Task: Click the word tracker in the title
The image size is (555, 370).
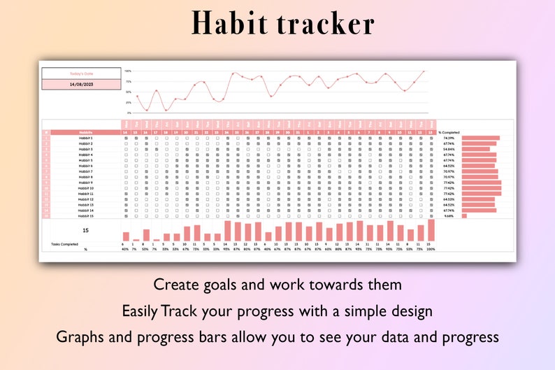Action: pos(321,24)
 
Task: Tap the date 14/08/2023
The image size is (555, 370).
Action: pos(81,84)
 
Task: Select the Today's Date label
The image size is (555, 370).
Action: pos(81,73)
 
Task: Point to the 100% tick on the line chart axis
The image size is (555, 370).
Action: pos(128,71)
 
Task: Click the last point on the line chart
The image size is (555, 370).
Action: pos(423,71)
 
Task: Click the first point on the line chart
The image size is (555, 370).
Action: pos(137,96)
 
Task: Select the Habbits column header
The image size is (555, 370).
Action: pos(85,132)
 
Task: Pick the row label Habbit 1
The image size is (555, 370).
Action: pos(85,138)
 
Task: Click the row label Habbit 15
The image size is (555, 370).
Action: pos(85,215)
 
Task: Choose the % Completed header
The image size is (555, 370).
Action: pos(449,132)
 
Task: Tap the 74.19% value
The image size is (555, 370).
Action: pos(449,138)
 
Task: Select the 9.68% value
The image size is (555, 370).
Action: pos(449,215)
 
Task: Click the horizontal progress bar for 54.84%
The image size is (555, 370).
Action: pos(475,149)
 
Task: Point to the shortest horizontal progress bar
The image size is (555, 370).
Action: pos(463,215)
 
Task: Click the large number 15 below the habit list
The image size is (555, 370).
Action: pos(85,230)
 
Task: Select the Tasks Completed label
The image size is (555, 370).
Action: pos(65,244)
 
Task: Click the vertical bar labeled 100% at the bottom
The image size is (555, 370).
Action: pos(431,230)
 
